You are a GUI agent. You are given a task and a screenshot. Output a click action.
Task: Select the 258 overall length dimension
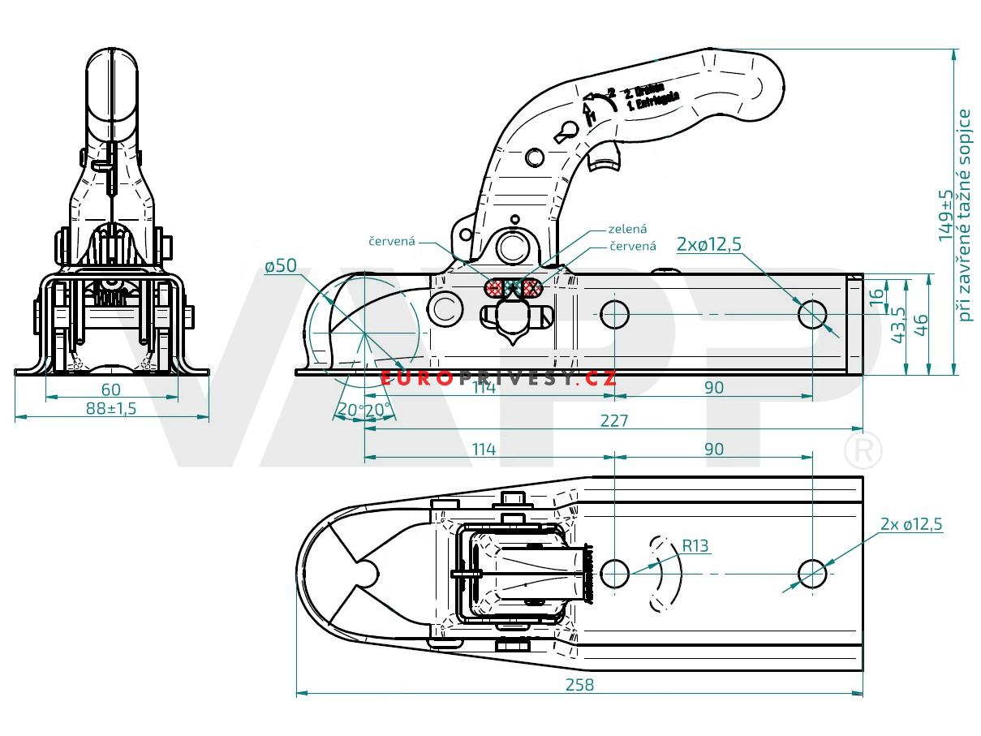pos(579,684)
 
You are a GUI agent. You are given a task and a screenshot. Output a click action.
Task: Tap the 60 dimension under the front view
pos(111,390)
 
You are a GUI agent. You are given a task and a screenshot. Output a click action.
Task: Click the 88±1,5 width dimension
pos(111,408)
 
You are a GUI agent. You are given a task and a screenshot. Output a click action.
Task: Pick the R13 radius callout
pos(695,546)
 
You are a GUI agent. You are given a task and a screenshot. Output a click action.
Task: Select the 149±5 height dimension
pos(945,216)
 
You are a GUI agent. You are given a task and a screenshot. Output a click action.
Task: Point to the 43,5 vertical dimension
pos(898,325)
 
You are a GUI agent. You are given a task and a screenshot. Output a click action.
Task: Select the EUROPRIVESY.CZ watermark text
pos(497,378)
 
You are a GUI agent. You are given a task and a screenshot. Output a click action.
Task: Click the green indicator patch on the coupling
pos(512,287)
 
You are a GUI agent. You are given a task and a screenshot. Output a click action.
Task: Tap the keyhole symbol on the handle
pos(566,129)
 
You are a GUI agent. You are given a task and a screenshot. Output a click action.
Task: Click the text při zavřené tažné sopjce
pos(966,215)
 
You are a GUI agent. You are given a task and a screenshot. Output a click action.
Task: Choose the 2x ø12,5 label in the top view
pos(911,524)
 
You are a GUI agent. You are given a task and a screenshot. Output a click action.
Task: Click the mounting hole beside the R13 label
pos(614,572)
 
